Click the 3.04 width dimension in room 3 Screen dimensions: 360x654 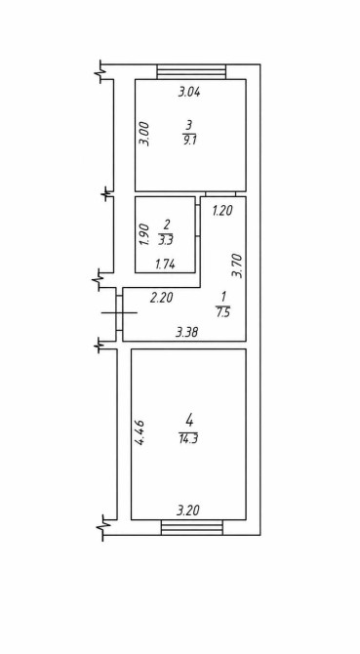click(x=189, y=92)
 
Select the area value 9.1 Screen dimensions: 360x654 click(x=189, y=141)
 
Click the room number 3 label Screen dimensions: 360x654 click(x=189, y=124)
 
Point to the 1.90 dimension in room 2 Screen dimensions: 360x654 click(x=145, y=234)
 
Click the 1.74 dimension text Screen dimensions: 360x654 click(x=166, y=264)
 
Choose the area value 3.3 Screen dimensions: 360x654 click(x=166, y=240)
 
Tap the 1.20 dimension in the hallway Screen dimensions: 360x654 click(x=222, y=212)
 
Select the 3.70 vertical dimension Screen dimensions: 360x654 click(x=238, y=266)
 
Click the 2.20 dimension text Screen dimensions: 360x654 click(x=161, y=298)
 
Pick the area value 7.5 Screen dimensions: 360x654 click(x=223, y=312)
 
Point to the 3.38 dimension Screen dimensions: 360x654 click(x=187, y=333)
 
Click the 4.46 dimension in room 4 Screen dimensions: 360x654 click(x=140, y=433)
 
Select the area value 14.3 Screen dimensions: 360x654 click(x=188, y=439)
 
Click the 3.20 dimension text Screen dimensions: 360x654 click(x=188, y=511)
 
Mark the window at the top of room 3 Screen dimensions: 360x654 click(x=191, y=71)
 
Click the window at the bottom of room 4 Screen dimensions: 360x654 click(x=192, y=527)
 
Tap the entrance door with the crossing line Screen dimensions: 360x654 click(x=119, y=312)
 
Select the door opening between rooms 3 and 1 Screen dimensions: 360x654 click(x=220, y=194)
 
